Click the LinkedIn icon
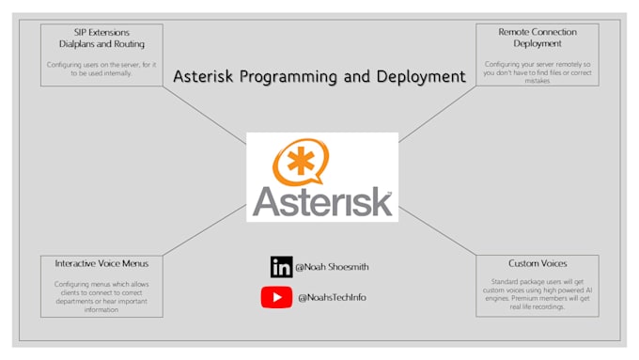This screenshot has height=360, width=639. pyautogui.click(x=281, y=266)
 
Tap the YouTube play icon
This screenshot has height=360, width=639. pyautogui.click(x=276, y=297)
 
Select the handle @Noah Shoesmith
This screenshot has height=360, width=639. pyautogui.click(x=332, y=267)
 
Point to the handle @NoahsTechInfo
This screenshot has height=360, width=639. pyautogui.click(x=332, y=298)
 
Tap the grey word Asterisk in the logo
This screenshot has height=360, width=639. pyautogui.click(x=321, y=201)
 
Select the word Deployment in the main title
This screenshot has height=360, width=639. pyautogui.click(x=418, y=77)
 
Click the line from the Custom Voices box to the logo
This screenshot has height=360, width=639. pyautogui.click(x=437, y=230)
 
